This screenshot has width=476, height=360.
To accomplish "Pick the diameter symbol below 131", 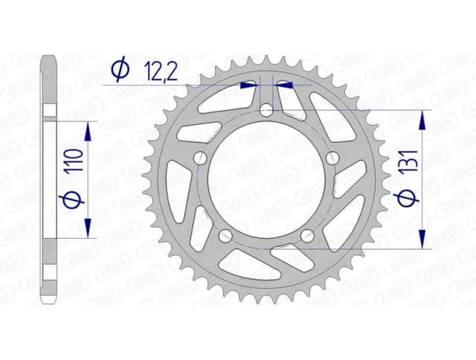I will pyautogui.click(x=403, y=199).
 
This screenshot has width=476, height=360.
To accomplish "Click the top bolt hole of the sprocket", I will pyautogui.click(x=266, y=110).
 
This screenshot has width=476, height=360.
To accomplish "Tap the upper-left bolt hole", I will pyautogui.click(x=199, y=158).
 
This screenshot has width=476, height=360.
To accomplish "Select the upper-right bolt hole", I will pyautogui.click(x=332, y=158).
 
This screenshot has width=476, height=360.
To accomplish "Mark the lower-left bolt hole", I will pyautogui.click(x=225, y=236).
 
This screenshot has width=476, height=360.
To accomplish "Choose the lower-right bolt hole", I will pyautogui.click(x=306, y=236).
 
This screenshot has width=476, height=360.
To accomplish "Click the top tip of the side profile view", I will pyautogui.click(x=49, y=58).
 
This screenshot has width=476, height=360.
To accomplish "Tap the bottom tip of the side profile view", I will pyautogui.click(x=49, y=300).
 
